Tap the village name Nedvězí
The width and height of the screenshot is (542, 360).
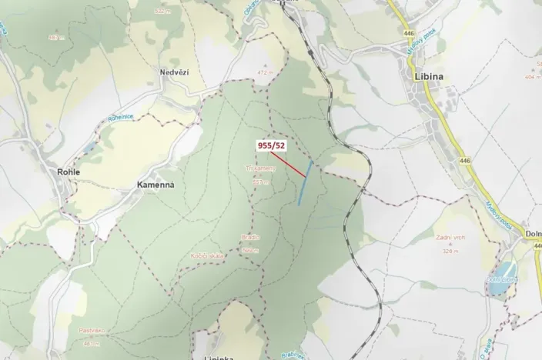point(173,72)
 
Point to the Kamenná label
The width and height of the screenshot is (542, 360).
point(156,185)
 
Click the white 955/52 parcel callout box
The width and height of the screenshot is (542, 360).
point(271,144)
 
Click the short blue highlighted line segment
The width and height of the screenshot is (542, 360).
point(305,182)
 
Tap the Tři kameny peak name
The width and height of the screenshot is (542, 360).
point(260,167)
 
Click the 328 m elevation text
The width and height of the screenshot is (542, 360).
point(450,250)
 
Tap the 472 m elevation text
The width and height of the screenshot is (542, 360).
point(266,73)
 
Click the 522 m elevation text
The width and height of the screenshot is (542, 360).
point(162,12)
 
